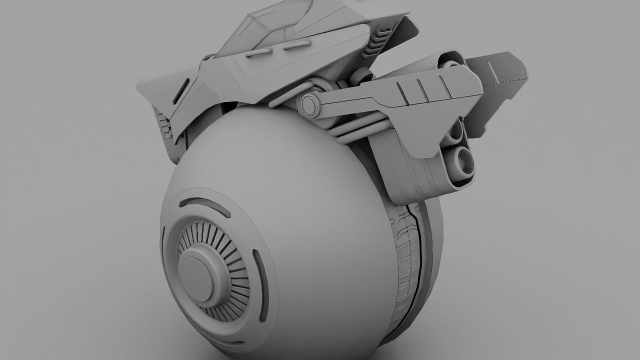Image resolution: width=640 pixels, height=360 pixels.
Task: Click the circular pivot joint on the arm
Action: (310, 105)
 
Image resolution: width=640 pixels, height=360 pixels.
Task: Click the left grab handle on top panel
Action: (258, 52)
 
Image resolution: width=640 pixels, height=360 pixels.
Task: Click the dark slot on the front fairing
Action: (180, 91)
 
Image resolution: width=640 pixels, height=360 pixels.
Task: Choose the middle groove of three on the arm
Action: (423, 90)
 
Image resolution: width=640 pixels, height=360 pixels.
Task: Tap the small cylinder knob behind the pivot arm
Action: (363, 76)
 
